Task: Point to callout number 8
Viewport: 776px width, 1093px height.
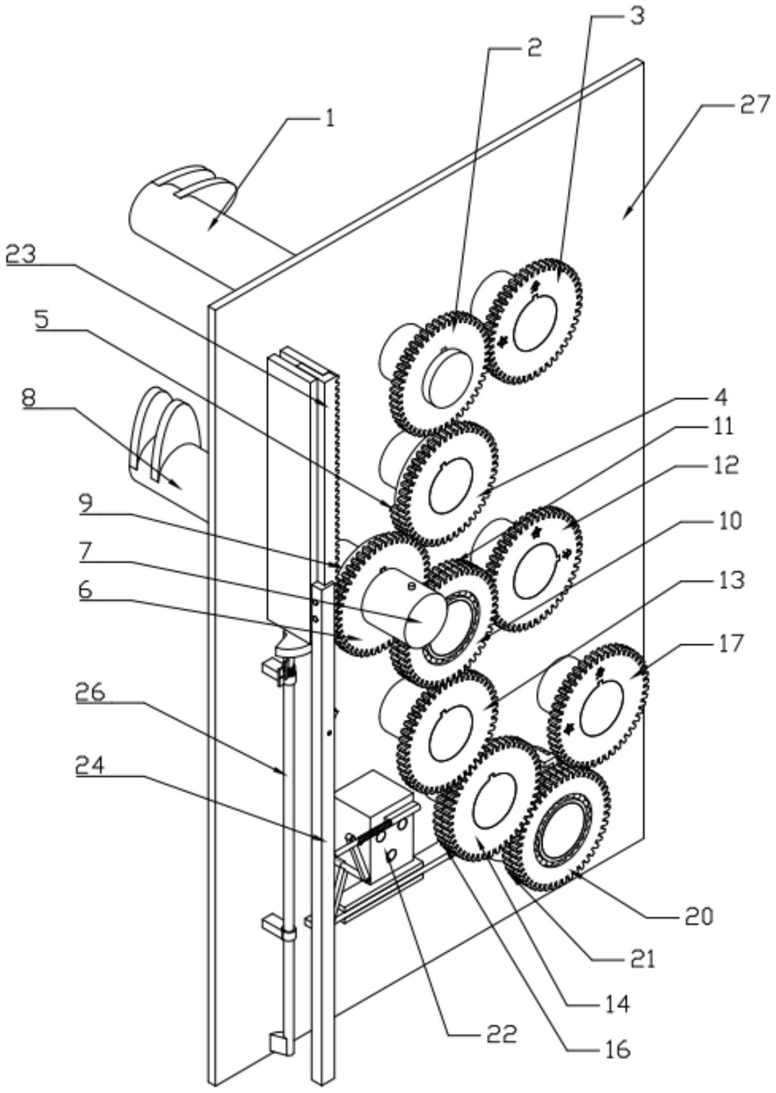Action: click(29, 398)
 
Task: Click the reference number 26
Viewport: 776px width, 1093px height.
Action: click(90, 693)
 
